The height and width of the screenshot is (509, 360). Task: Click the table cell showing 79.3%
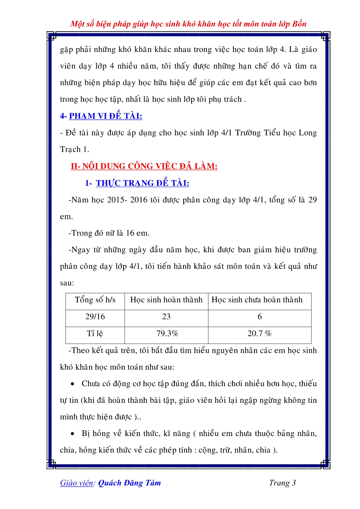(167, 334)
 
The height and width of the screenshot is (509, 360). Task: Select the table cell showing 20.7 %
(259, 334)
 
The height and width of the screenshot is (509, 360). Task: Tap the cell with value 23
(166, 317)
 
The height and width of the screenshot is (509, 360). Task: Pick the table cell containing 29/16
(95, 317)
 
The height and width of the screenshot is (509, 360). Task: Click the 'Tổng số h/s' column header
(95, 300)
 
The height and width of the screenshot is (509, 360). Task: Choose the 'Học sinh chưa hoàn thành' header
(257, 300)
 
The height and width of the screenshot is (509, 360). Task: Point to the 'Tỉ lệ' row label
(95, 334)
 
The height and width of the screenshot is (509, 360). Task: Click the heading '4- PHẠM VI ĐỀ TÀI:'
(101, 116)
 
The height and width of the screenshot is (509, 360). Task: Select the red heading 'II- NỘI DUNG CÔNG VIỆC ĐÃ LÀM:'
(144, 166)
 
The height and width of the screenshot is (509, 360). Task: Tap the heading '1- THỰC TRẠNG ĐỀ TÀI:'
(137, 183)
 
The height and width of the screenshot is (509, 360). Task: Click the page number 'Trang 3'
(282, 483)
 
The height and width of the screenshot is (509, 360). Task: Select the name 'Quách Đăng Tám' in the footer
(129, 483)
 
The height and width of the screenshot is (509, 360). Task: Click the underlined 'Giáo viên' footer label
(77, 483)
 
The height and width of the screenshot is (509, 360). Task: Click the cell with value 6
(260, 317)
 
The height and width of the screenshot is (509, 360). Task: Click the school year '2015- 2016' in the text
(127, 200)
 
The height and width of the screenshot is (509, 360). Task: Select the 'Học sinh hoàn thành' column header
(166, 300)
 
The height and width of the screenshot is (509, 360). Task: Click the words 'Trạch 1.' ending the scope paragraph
(75, 150)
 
